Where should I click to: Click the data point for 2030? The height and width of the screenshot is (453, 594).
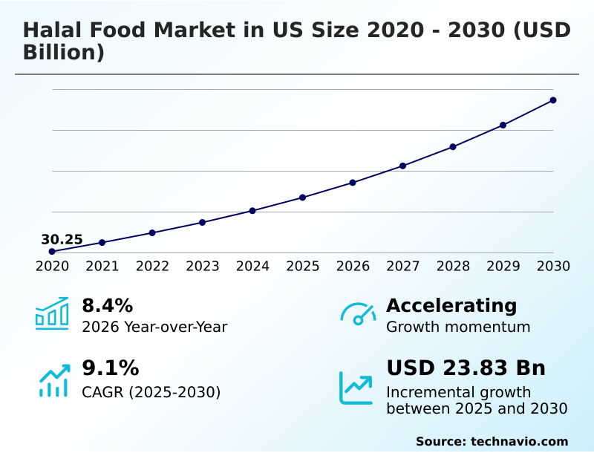point(553,100)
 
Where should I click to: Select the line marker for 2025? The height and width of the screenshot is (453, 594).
point(302,198)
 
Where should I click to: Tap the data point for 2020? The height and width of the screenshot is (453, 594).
point(52,252)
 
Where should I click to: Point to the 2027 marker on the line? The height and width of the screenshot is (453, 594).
point(402,166)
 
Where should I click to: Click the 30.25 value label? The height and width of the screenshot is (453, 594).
point(62,239)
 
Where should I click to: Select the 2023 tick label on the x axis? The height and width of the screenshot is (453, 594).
point(202,267)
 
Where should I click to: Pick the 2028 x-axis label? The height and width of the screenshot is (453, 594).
point(453,267)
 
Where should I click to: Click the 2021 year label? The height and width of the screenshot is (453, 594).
point(102,267)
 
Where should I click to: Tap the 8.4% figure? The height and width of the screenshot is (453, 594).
point(107,305)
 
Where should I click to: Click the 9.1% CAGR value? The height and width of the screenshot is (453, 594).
point(110,368)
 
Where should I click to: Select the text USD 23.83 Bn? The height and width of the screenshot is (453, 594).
point(466,368)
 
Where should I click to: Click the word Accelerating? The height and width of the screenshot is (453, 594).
point(451,305)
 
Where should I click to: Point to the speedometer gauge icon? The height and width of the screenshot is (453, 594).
point(358,313)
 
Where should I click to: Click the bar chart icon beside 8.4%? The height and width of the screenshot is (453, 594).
point(52,313)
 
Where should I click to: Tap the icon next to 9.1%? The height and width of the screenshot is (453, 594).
point(53,380)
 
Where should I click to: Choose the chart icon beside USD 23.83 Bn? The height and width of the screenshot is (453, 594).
point(356,388)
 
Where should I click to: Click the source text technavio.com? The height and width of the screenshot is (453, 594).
point(519,441)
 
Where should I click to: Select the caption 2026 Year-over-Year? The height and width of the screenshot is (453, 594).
point(154,327)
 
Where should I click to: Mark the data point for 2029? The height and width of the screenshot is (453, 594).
point(503,125)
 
